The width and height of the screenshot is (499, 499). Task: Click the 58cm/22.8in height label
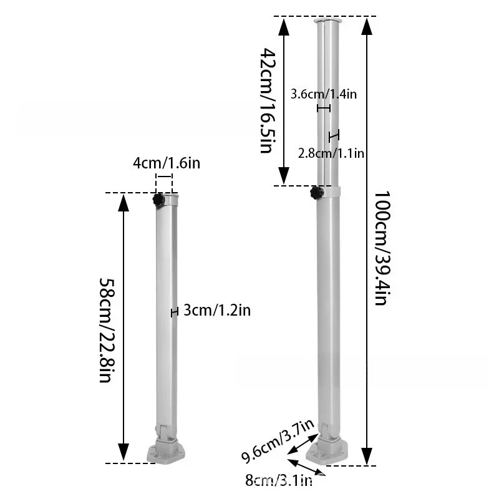pos(107,331)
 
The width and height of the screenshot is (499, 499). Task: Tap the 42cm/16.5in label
pos(268,100)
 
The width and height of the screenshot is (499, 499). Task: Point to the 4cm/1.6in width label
pos(167,163)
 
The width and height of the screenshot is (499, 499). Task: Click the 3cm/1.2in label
pos(217,310)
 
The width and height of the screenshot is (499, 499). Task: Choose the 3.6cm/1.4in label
pos(324,94)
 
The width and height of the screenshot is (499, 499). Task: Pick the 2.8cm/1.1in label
pos(331,153)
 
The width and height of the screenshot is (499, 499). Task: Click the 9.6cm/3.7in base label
pos(278,442)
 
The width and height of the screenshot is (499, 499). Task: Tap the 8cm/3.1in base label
pos(279,480)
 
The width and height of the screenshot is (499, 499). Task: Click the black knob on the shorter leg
pos(158,200)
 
